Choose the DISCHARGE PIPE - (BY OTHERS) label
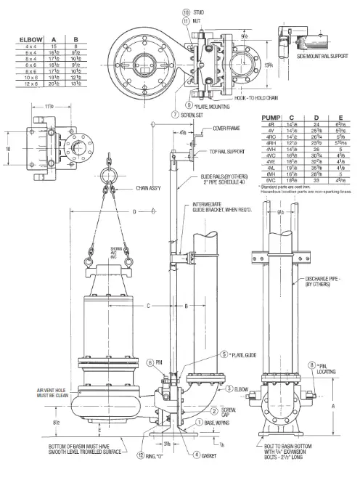pyautogui.click(x=321, y=280)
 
